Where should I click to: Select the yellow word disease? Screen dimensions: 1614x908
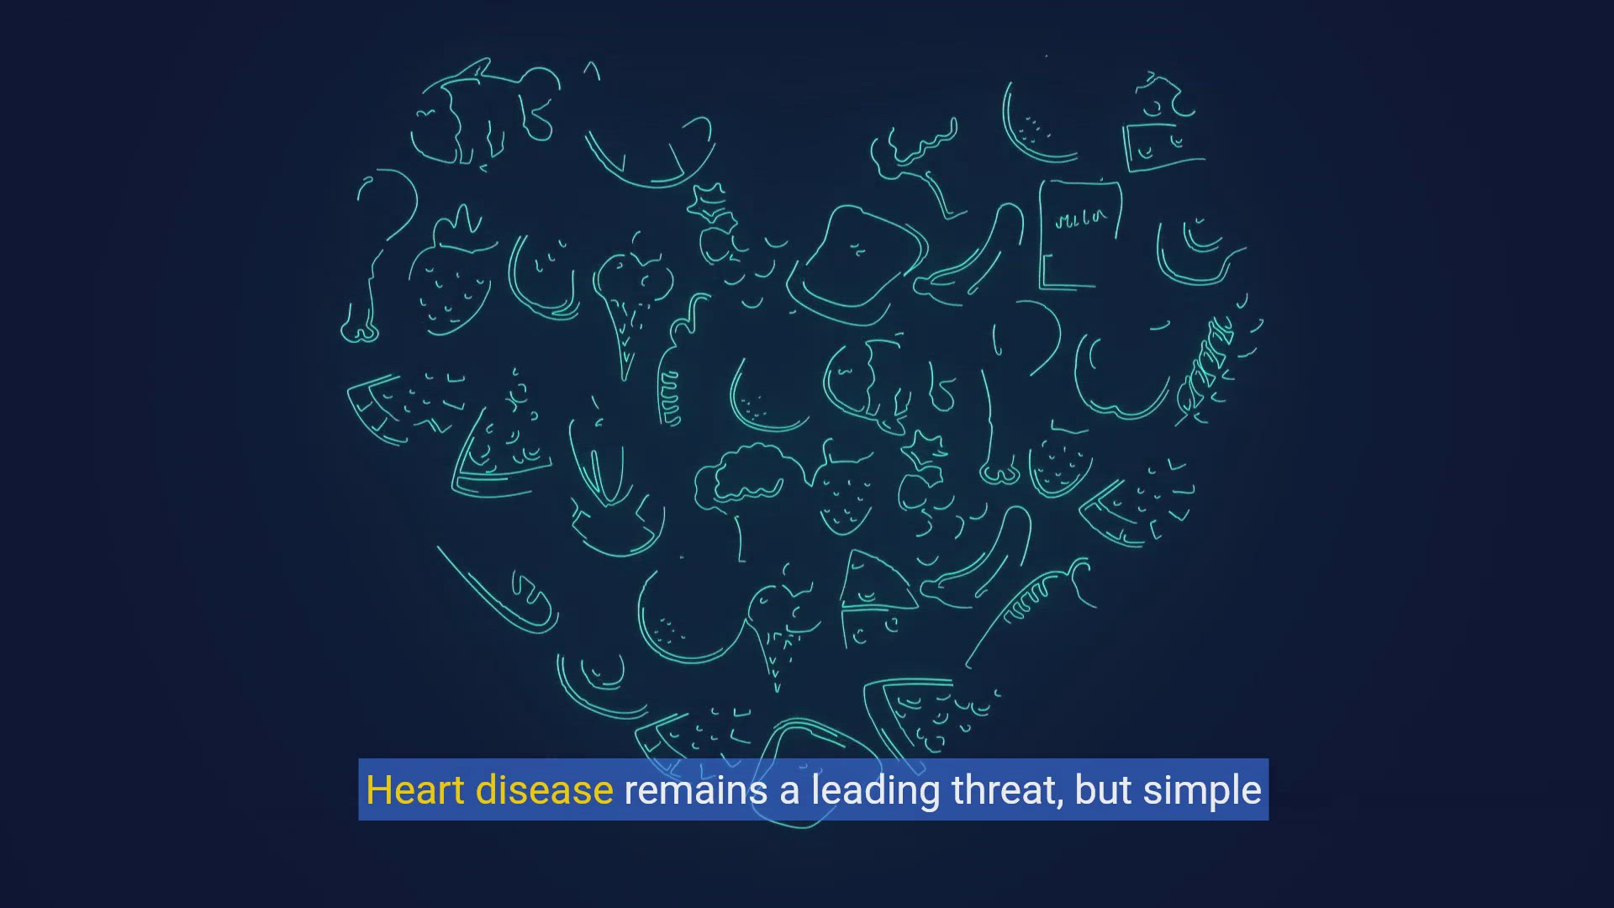pyautogui.click(x=544, y=790)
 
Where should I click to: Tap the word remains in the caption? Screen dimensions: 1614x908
pyautogui.click(x=696, y=791)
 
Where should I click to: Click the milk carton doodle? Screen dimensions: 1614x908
pyautogui.click(x=1079, y=235)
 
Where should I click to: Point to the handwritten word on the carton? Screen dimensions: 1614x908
pyautogui.click(x=1082, y=219)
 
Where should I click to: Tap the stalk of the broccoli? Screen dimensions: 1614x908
pyautogui.click(x=738, y=535)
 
